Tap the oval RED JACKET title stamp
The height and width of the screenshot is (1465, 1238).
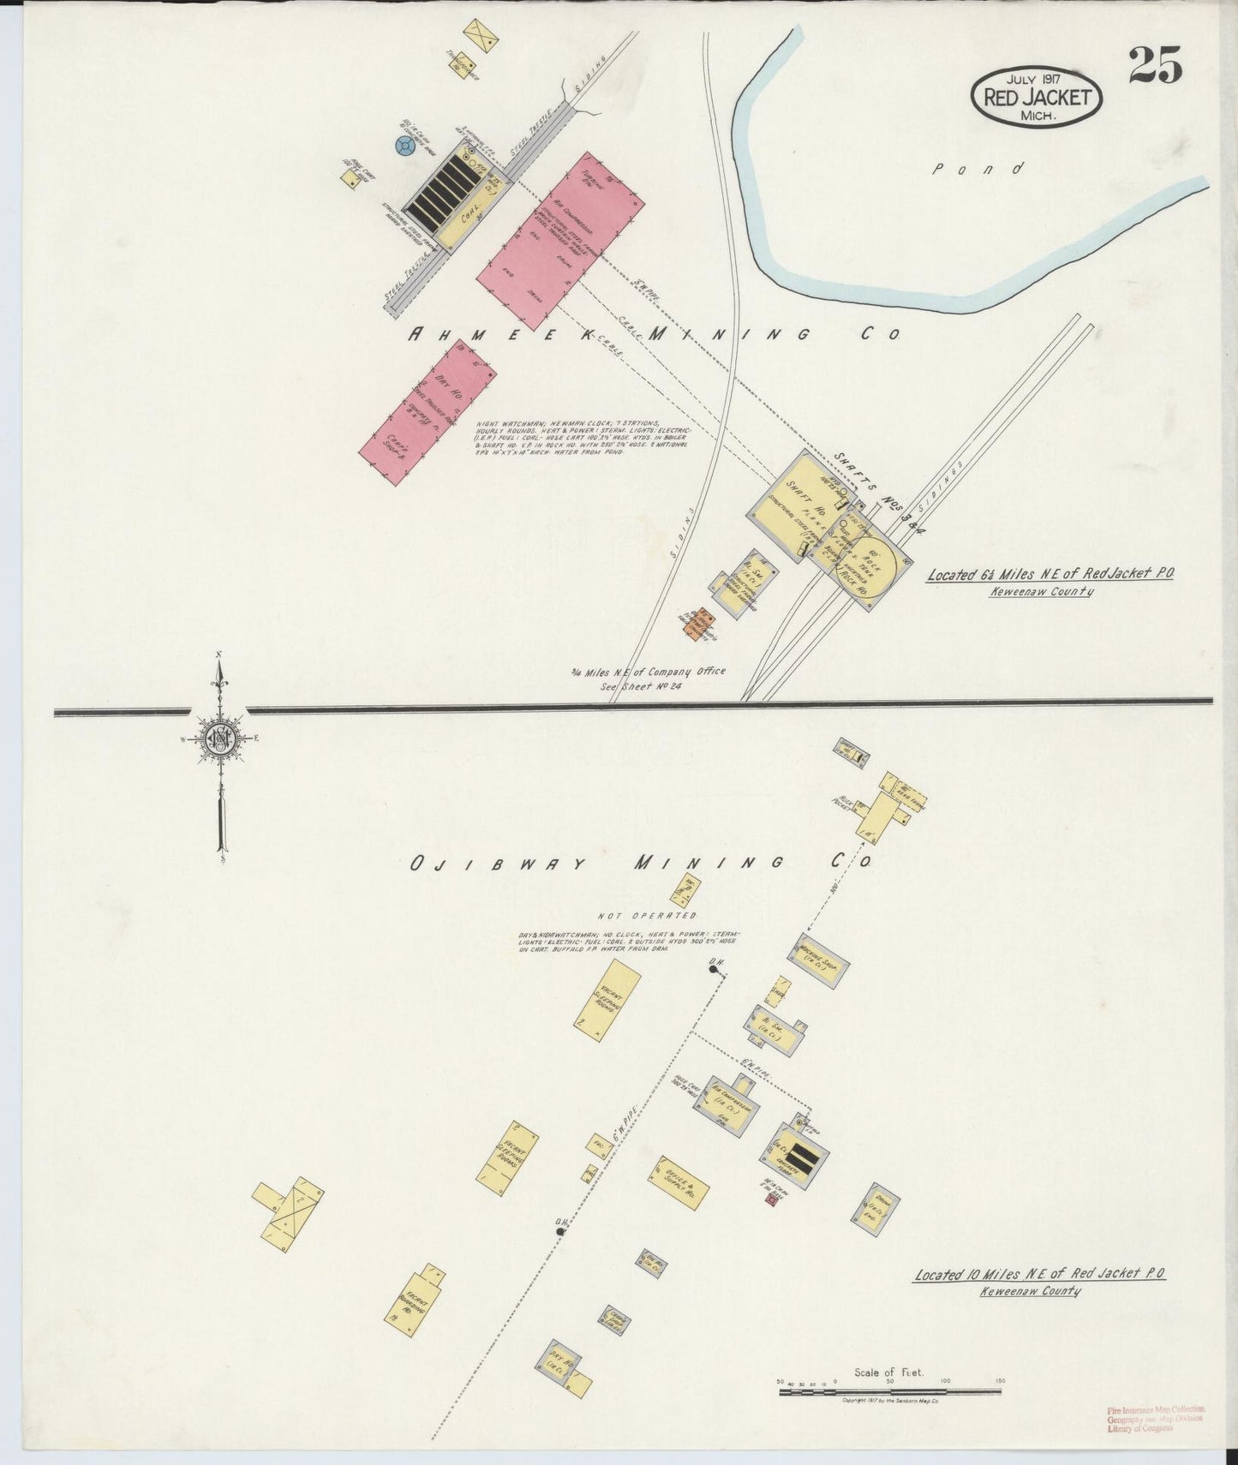point(1037,98)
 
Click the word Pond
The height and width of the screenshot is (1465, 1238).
point(978,169)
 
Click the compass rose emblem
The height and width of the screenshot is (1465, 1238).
point(220,738)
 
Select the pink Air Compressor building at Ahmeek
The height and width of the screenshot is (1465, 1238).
point(560,240)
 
